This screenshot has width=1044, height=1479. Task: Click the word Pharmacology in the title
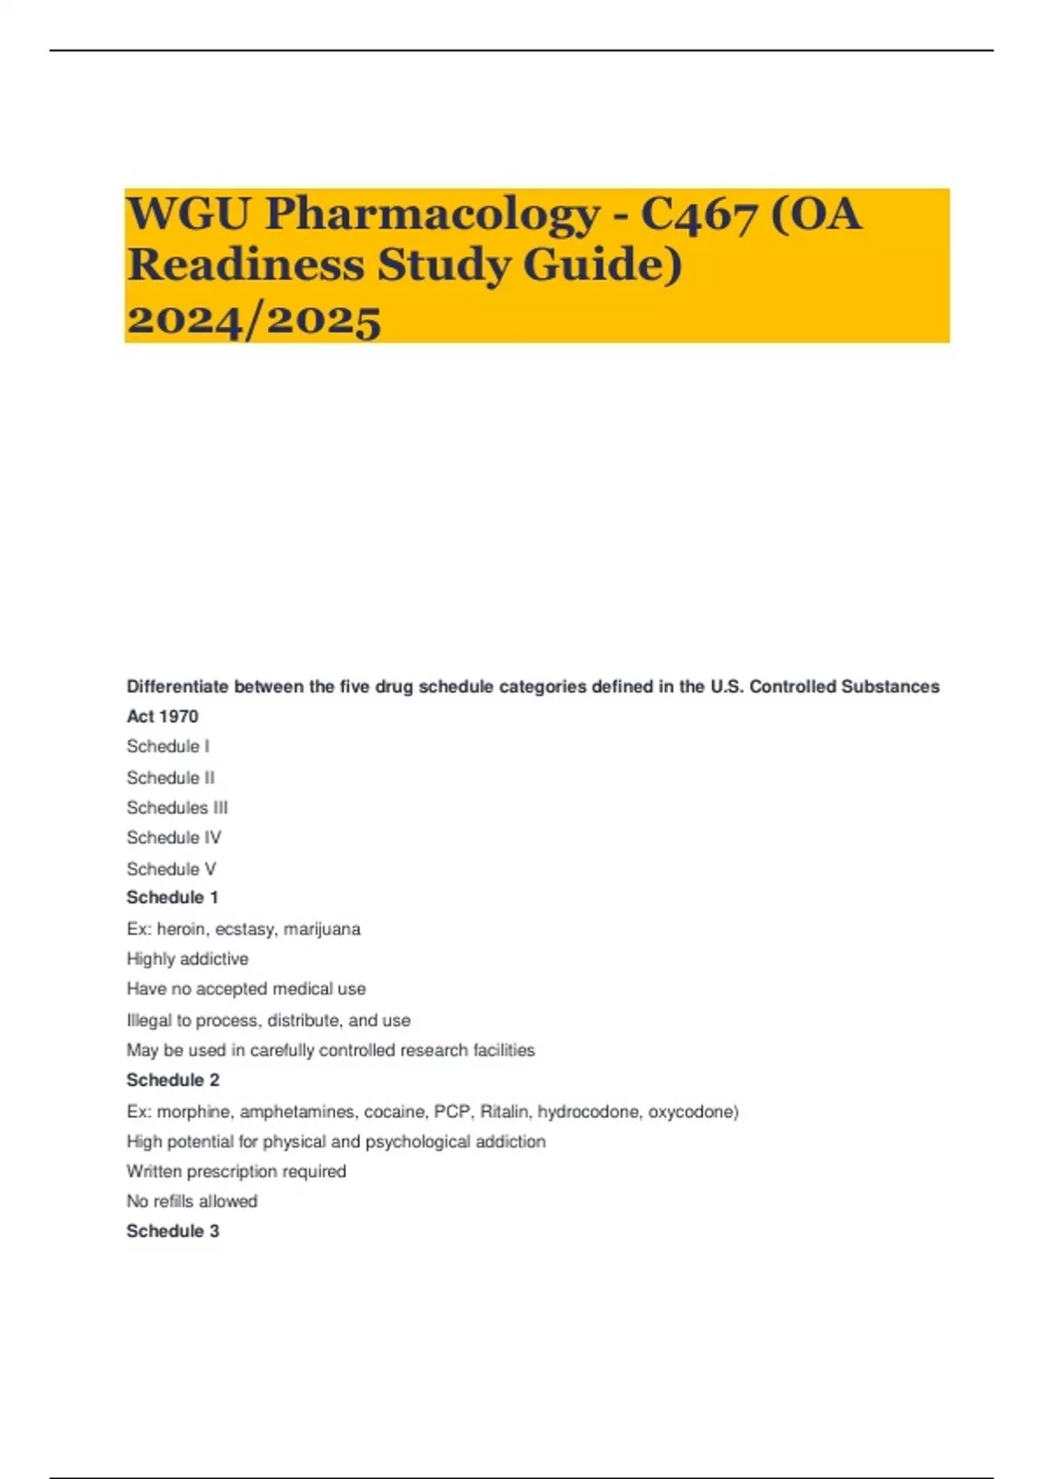(432, 214)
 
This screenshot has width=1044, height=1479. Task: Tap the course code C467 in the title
(699, 214)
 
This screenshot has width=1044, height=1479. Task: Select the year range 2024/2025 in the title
(254, 318)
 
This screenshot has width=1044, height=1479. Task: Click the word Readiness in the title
(245, 264)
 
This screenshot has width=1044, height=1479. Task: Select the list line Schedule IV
(174, 837)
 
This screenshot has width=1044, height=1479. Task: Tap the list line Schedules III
(177, 807)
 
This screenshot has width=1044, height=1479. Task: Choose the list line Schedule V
(171, 868)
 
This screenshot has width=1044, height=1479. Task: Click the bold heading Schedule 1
(172, 897)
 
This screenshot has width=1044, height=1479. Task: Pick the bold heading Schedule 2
(173, 1080)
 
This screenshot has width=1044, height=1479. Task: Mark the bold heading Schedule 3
(173, 1231)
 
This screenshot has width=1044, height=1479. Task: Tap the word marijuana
(322, 929)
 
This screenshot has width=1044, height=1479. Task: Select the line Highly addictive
(188, 959)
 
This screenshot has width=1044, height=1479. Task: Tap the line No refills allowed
(192, 1201)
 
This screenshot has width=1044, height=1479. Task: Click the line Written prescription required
(237, 1171)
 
